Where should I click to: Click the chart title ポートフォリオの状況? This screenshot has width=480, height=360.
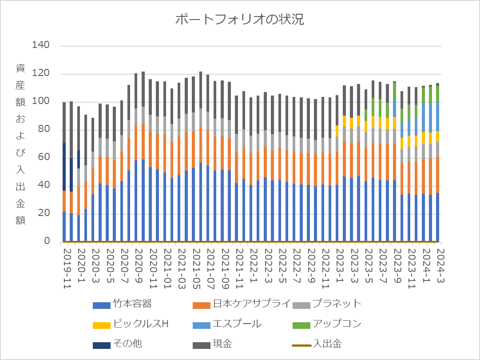tap(240, 20)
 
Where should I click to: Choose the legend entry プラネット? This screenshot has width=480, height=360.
tap(336, 304)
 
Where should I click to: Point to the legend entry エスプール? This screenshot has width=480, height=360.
tap(237, 324)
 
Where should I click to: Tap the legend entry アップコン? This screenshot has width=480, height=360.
tap(336, 324)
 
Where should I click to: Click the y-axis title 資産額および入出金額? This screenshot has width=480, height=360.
tap(20, 144)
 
